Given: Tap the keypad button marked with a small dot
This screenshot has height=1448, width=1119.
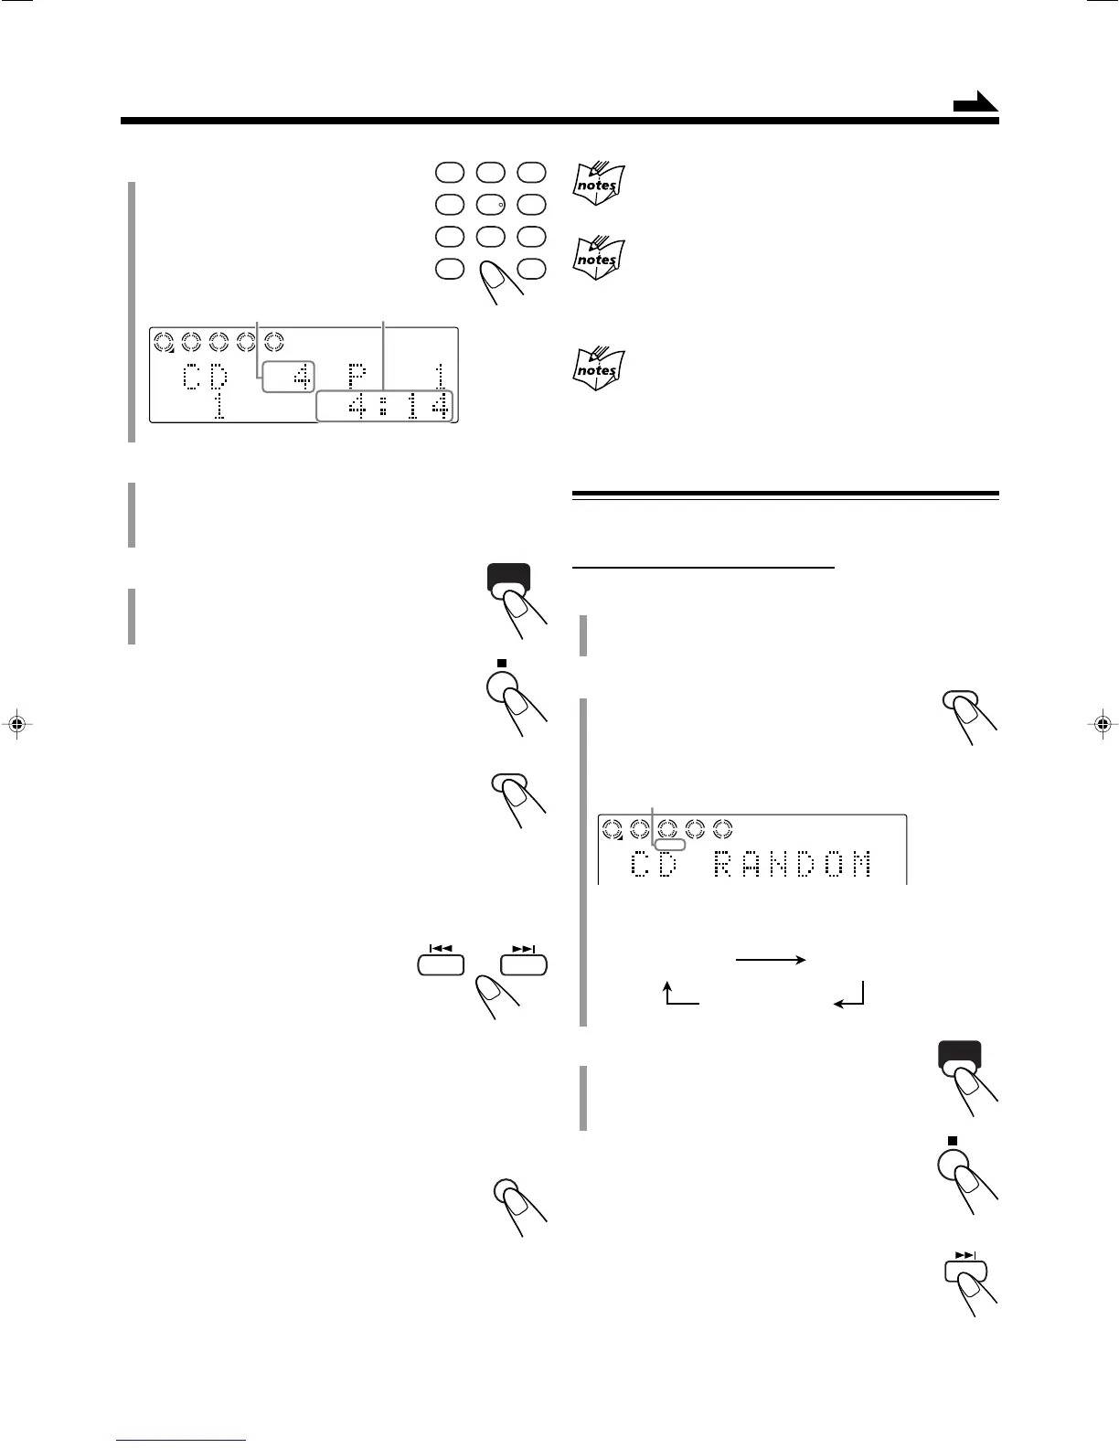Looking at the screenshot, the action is (x=490, y=205).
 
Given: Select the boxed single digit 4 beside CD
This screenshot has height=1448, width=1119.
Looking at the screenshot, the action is (x=288, y=377).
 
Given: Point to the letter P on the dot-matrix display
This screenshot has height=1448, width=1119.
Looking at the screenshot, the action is (x=357, y=377).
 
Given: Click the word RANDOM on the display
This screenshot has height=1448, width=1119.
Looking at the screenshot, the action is (x=792, y=864).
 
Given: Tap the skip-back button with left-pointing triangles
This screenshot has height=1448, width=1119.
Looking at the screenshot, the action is (x=441, y=964).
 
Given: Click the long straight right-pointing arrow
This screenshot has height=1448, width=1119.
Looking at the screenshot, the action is (x=770, y=960).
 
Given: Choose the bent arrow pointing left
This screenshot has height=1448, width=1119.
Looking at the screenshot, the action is (x=850, y=995).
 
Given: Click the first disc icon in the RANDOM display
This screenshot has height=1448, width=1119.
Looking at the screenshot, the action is (x=613, y=829).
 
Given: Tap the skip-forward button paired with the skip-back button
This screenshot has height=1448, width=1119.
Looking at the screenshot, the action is (x=524, y=964).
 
